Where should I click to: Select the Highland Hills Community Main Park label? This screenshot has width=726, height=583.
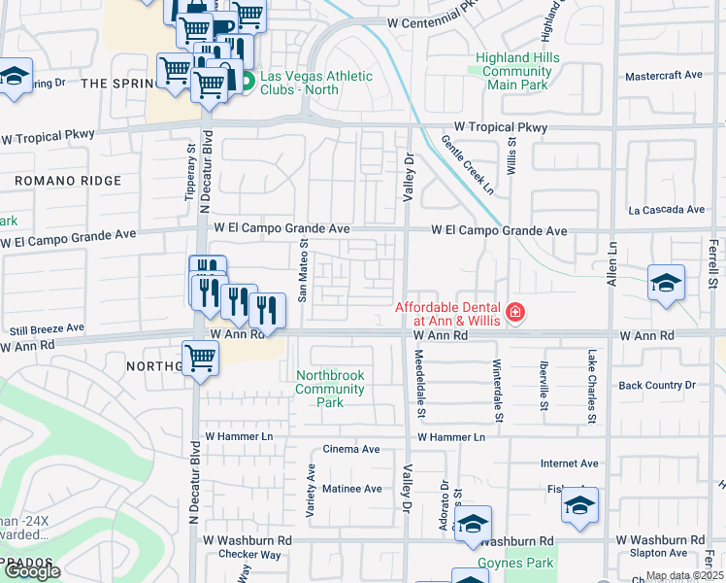[516, 71]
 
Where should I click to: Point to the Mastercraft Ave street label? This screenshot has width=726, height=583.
[664, 75]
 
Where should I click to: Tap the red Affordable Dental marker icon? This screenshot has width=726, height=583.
[514, 312]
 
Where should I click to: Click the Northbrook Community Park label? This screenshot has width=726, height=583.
[330, 389]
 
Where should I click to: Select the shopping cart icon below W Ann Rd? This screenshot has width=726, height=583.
[200, 359]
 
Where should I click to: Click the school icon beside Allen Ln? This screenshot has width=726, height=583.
[666, 284]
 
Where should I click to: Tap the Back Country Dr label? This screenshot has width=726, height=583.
[657, 386]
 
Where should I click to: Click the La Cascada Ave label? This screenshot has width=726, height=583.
[666, 210]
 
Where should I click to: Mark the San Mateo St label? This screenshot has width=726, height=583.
[303, 271]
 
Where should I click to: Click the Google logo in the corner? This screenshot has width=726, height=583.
[32, 571]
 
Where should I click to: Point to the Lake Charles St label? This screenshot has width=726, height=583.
[590, 387]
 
